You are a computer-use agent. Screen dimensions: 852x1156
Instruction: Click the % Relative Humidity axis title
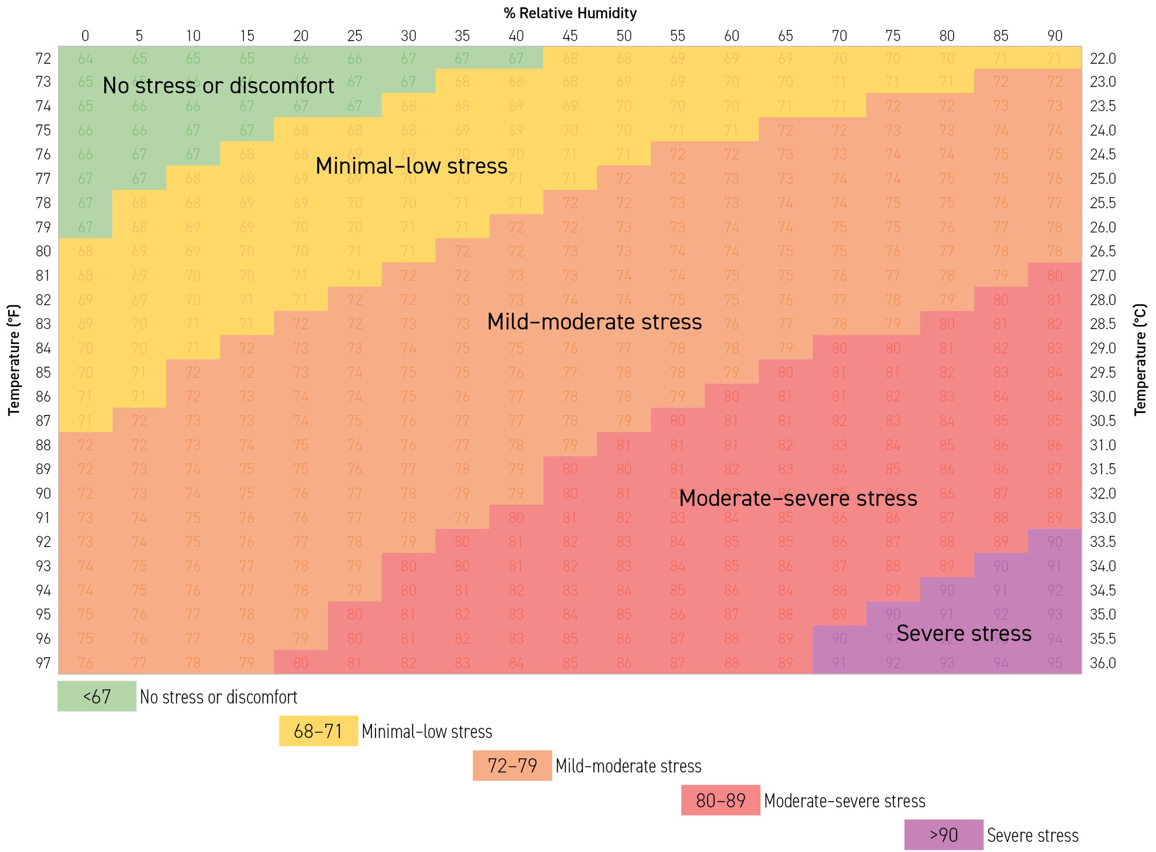click(x=569, y=13)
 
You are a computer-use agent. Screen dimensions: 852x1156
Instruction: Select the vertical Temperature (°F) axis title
click(x=14, y=359)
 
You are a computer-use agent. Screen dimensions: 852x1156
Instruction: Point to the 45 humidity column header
click(x=569, y=35)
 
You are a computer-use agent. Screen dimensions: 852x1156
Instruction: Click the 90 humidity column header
click(x=1054, y=35)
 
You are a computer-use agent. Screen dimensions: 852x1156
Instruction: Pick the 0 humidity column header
click(x=85, y=35)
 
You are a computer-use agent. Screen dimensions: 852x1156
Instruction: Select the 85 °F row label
click(x=43, y=372)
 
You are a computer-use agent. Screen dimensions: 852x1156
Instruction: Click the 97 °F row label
click(x=43, y=662)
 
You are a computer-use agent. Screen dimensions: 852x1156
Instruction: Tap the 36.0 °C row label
click(x=1103, y=662)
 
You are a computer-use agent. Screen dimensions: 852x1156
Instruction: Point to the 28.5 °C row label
click(x=1103, y=323)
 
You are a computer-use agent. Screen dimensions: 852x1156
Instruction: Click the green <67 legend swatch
click(x=97, y=696)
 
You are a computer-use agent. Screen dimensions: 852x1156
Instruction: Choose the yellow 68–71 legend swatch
click(x=318, y=731)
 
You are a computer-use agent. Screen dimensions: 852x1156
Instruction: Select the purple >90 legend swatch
click(x=943, y=835)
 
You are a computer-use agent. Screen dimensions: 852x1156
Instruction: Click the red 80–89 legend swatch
click(x=720, y=800)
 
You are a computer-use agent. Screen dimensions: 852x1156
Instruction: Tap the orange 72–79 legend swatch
click(x=512, y=765)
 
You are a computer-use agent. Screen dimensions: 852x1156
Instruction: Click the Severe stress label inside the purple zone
click(x=964, y=633)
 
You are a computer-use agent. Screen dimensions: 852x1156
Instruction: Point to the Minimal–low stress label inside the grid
click(x=411, y=166)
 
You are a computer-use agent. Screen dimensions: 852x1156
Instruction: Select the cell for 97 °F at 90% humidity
click(x=1054, y=662)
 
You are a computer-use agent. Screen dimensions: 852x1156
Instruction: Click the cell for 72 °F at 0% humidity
click(x=85, y=58)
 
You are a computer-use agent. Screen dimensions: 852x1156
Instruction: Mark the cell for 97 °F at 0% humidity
click(x=85, y=662)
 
